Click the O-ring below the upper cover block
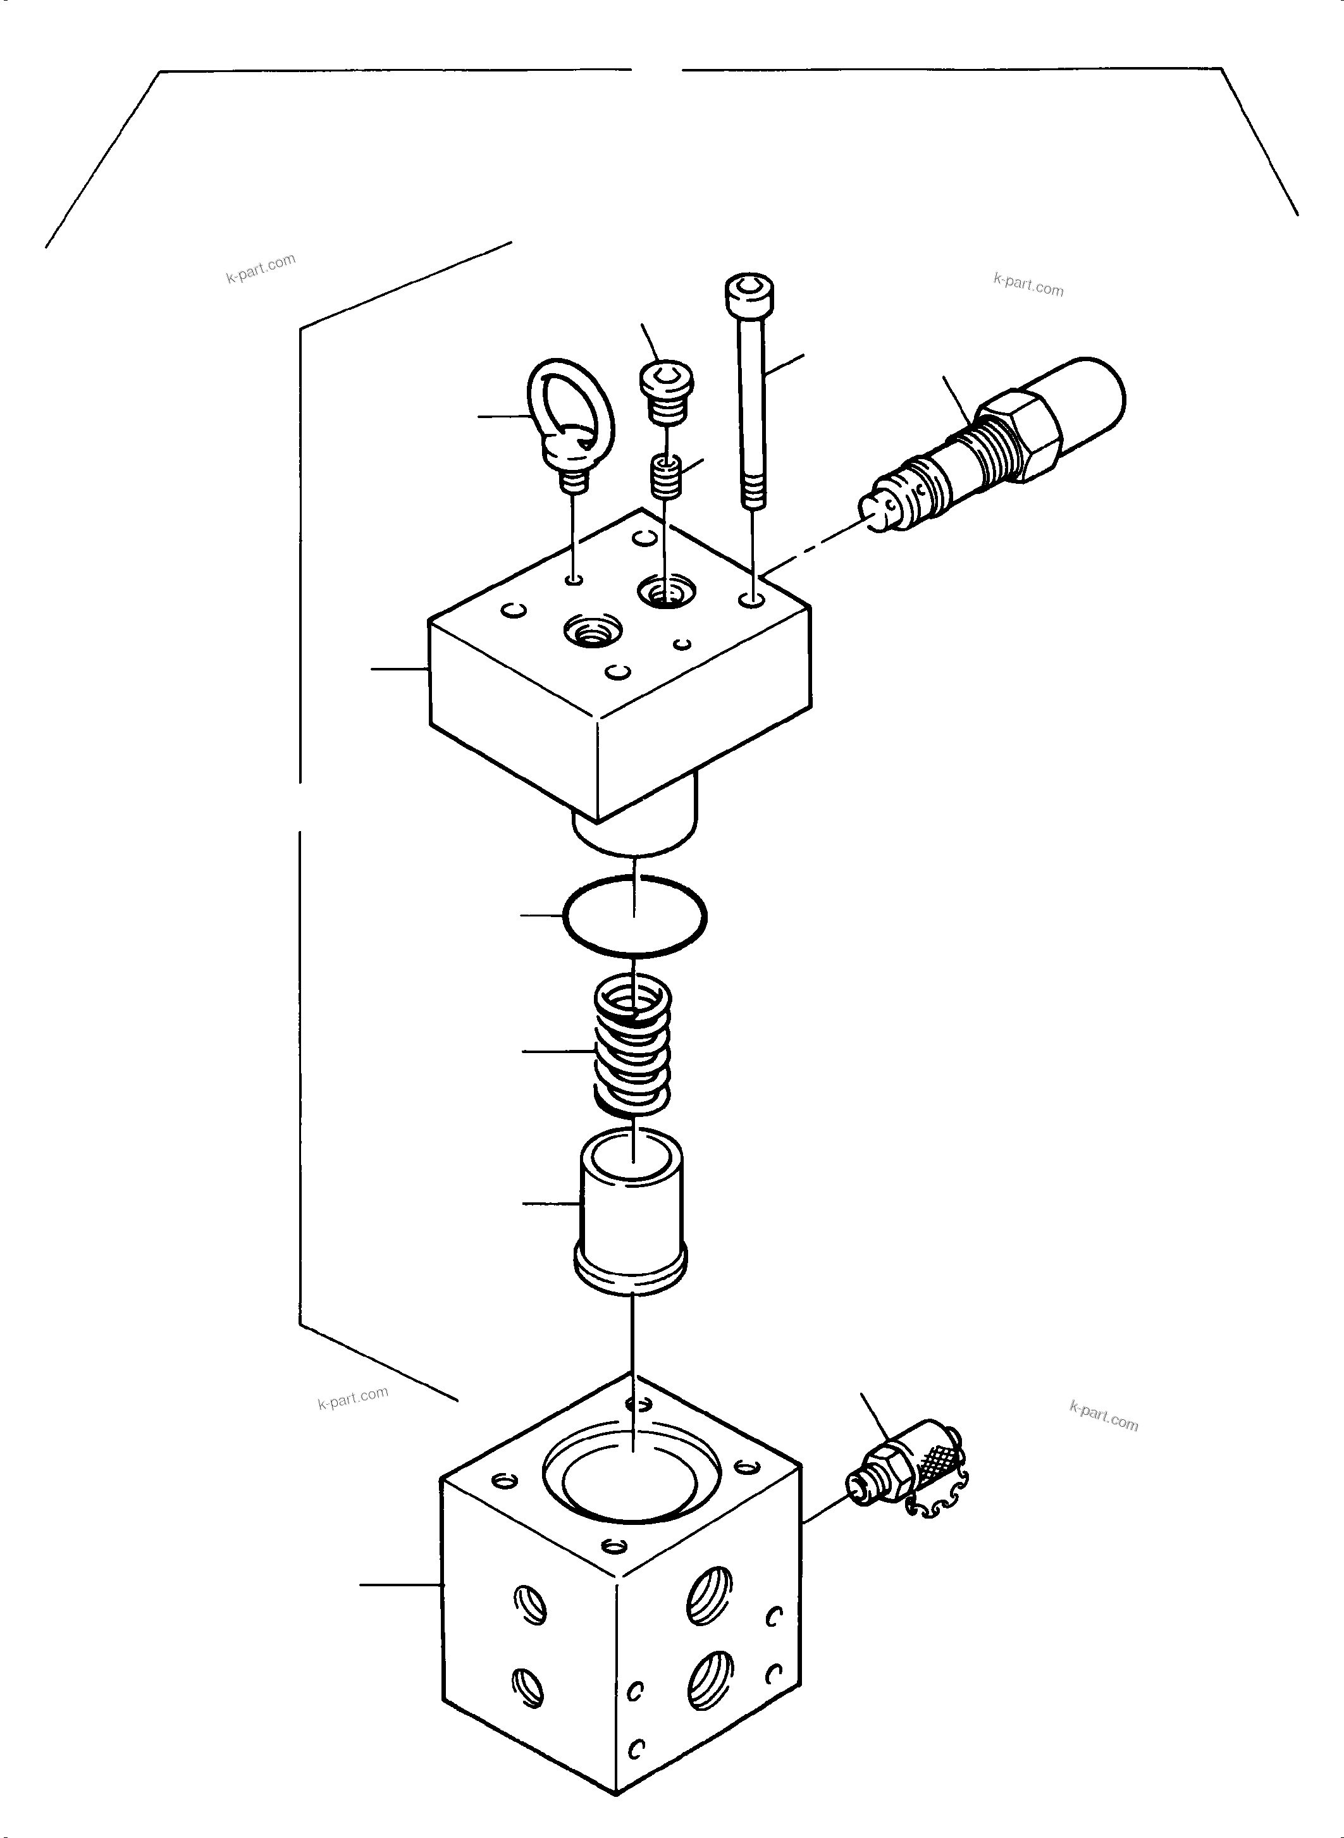click(634, 915)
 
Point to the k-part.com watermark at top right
click(1028, 285)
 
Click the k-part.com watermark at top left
click(261, 267)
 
